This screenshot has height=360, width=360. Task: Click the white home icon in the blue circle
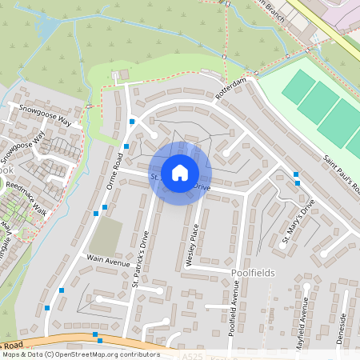click(180, 172)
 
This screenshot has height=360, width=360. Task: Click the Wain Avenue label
click(108, 261)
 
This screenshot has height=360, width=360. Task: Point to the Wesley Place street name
click(192, 243)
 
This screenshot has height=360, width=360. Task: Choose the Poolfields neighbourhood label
click(252, 273)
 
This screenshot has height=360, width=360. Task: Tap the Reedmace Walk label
click(26, 198)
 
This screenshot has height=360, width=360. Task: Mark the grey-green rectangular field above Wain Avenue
click(105, 237)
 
